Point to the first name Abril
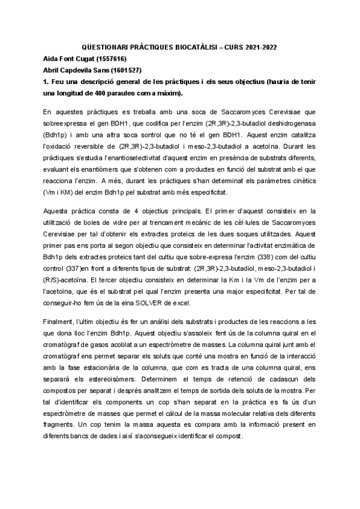tap(53, 70)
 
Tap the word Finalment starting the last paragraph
tap(58, 322)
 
